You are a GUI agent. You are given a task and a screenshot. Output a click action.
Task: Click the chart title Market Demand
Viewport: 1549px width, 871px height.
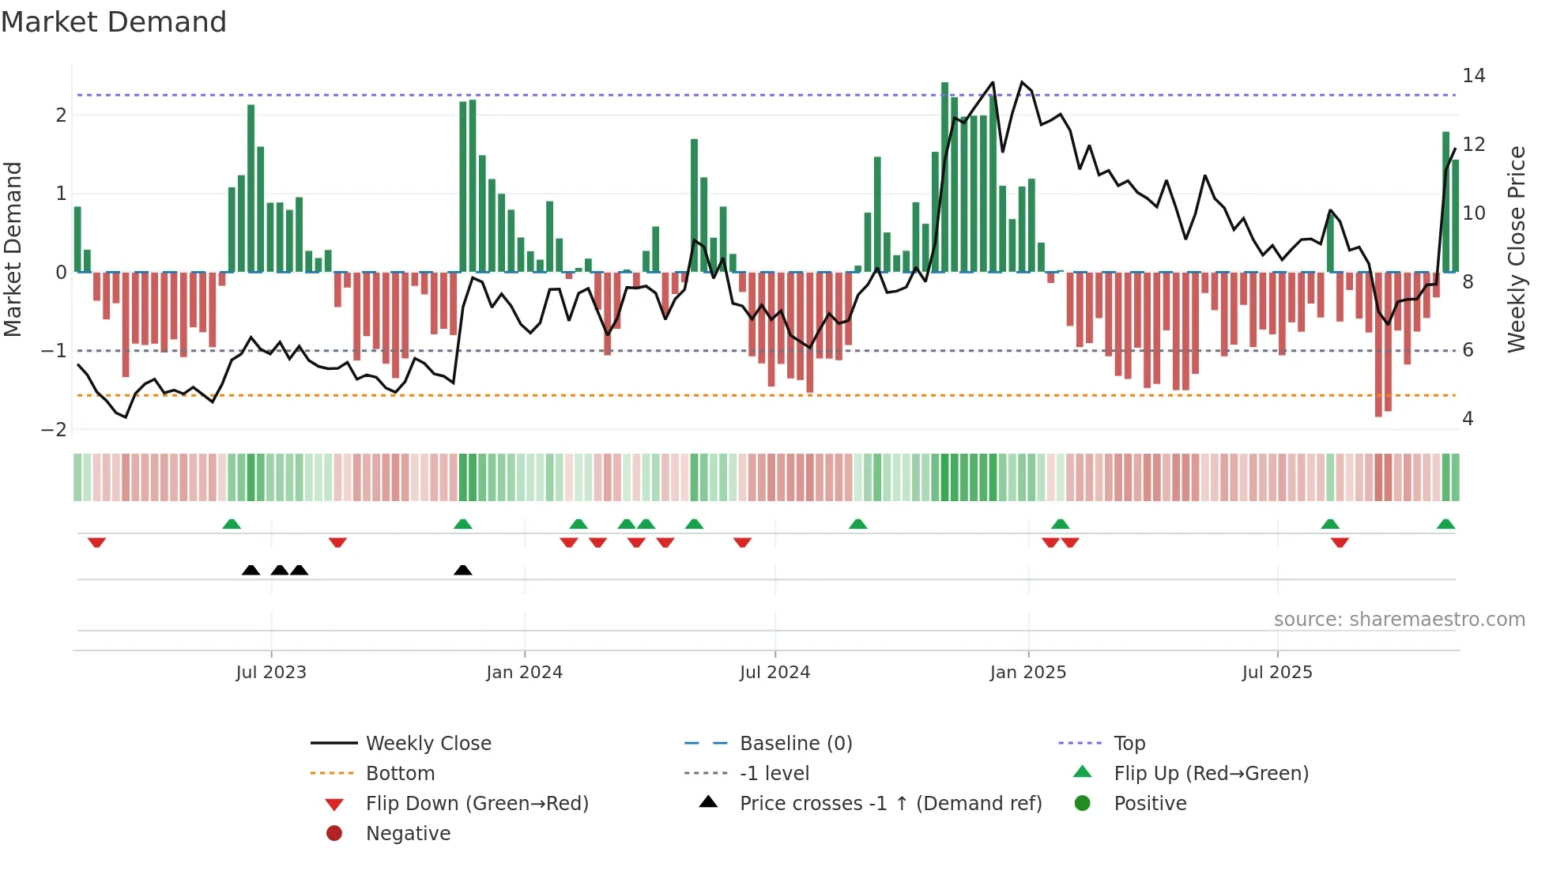tap(114, 22)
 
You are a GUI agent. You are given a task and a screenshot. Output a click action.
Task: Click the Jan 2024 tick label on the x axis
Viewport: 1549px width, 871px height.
tap(524, 673)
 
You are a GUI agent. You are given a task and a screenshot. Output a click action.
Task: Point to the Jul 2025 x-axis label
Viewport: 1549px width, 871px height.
tap(1276, 673)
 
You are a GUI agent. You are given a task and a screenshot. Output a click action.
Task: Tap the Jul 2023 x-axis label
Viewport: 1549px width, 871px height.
tap(270, 673)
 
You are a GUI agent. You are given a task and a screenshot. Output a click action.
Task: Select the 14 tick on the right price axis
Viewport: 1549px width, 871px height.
tap(1473, 76)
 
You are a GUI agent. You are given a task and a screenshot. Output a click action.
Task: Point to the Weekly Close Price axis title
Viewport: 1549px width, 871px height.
tap(1516, 249)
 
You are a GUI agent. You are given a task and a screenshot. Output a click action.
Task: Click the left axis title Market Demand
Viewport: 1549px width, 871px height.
tap(13, 249)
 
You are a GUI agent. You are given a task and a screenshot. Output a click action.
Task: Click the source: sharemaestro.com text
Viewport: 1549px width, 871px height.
tap(1399, 619)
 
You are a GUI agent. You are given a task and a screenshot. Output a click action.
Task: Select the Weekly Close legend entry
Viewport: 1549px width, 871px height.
tap(428, 743)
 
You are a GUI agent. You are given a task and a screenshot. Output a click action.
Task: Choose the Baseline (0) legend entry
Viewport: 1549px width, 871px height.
tap(795, 743)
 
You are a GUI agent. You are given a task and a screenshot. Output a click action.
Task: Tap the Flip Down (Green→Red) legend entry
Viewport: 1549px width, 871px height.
tap(477, 803)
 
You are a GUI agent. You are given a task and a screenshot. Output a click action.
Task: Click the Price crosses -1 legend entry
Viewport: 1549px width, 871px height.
tap(890, 803)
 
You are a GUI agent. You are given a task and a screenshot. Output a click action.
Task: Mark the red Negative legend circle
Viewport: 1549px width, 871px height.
tap(334, 833)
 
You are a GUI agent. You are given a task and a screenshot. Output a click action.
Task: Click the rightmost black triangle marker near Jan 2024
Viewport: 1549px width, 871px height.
tap(463, 570)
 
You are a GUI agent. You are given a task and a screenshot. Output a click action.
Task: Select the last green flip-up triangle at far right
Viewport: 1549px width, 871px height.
tap(1445, 524)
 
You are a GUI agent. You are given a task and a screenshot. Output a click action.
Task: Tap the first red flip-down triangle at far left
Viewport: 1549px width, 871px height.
tap(96, 542)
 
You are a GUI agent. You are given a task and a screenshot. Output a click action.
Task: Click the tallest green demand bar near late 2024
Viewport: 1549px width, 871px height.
tap(944, 177)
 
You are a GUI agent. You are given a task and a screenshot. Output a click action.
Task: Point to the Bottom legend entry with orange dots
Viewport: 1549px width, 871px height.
tap(400, 773)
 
